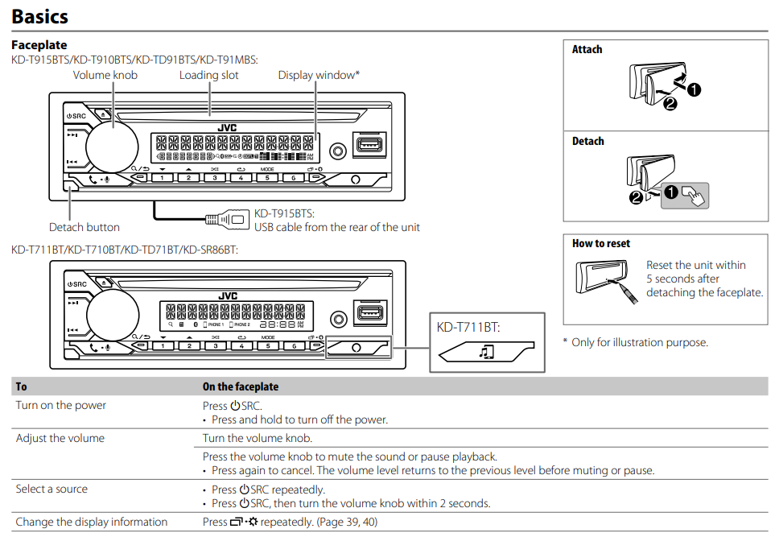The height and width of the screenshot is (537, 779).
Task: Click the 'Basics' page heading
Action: coord(39,15)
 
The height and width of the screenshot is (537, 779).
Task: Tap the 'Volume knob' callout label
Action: coord(105,75)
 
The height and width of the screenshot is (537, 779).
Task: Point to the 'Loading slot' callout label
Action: coord(208,75)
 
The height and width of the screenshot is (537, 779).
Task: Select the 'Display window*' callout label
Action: coord(319,75)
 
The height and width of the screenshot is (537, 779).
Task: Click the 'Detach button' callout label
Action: coord(84,227)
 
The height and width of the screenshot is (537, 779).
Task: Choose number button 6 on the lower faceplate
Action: coord(293,345)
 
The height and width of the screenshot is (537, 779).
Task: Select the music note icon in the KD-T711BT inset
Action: coord(485,352)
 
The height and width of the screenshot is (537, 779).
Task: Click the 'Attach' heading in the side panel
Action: coord(587,50)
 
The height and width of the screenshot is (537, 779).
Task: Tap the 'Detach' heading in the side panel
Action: coord(587,142)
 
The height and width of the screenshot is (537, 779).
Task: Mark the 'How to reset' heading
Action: coord(600,244)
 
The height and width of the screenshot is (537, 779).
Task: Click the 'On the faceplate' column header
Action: coord(241,386)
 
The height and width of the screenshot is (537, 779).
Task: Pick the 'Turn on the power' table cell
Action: coord(61,406)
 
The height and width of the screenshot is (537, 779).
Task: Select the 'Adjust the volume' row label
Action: coord(60,439)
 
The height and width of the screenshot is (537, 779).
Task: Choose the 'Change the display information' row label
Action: coord(92,522)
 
